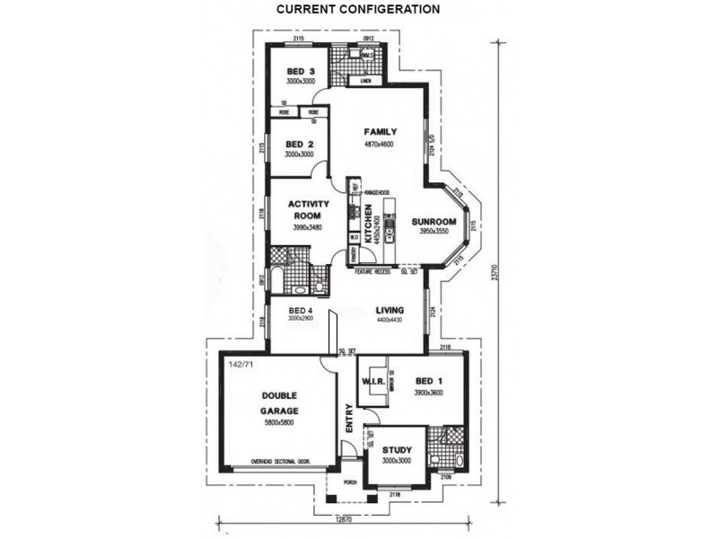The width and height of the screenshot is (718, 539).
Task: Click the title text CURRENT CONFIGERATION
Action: point(358,10)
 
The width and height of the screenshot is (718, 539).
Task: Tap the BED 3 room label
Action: point(300,72)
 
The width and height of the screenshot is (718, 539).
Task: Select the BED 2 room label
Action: point(298,145)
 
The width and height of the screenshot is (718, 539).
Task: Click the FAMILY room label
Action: point(380,132)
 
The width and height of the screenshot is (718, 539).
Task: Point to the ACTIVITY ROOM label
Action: point(308,209)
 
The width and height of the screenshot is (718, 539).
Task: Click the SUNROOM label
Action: point(434,222)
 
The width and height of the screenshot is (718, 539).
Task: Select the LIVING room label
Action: point(390,310)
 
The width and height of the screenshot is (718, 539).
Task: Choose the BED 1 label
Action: point(426,380)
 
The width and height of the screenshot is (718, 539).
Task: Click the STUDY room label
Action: point(396,450)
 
